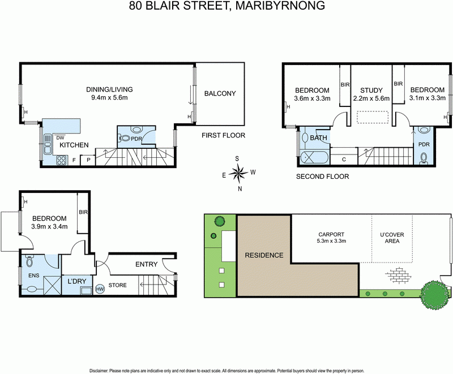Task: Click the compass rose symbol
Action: [240, 172]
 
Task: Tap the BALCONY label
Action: [220, 93]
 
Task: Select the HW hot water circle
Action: [101, 289]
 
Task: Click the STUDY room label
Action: [371, 91]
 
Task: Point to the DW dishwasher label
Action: [59, 136]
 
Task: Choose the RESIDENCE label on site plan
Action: [263, 255]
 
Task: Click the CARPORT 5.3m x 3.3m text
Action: [331, 238]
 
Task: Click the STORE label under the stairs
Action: [117, 285]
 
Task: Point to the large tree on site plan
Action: [434, 294]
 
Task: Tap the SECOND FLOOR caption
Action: [322, 177]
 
